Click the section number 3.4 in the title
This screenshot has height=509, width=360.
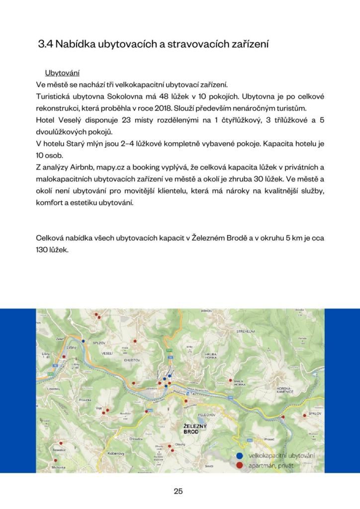pos(46,44)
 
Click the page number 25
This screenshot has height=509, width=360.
pos(179,491)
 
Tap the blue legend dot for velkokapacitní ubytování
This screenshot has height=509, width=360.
pos(239,456)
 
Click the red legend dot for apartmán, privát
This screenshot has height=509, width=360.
pos(239,465)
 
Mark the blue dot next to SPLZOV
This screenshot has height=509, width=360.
pos(84,341)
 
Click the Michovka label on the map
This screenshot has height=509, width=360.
pos(59,468)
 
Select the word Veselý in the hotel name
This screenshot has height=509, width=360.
pos(69,120)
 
